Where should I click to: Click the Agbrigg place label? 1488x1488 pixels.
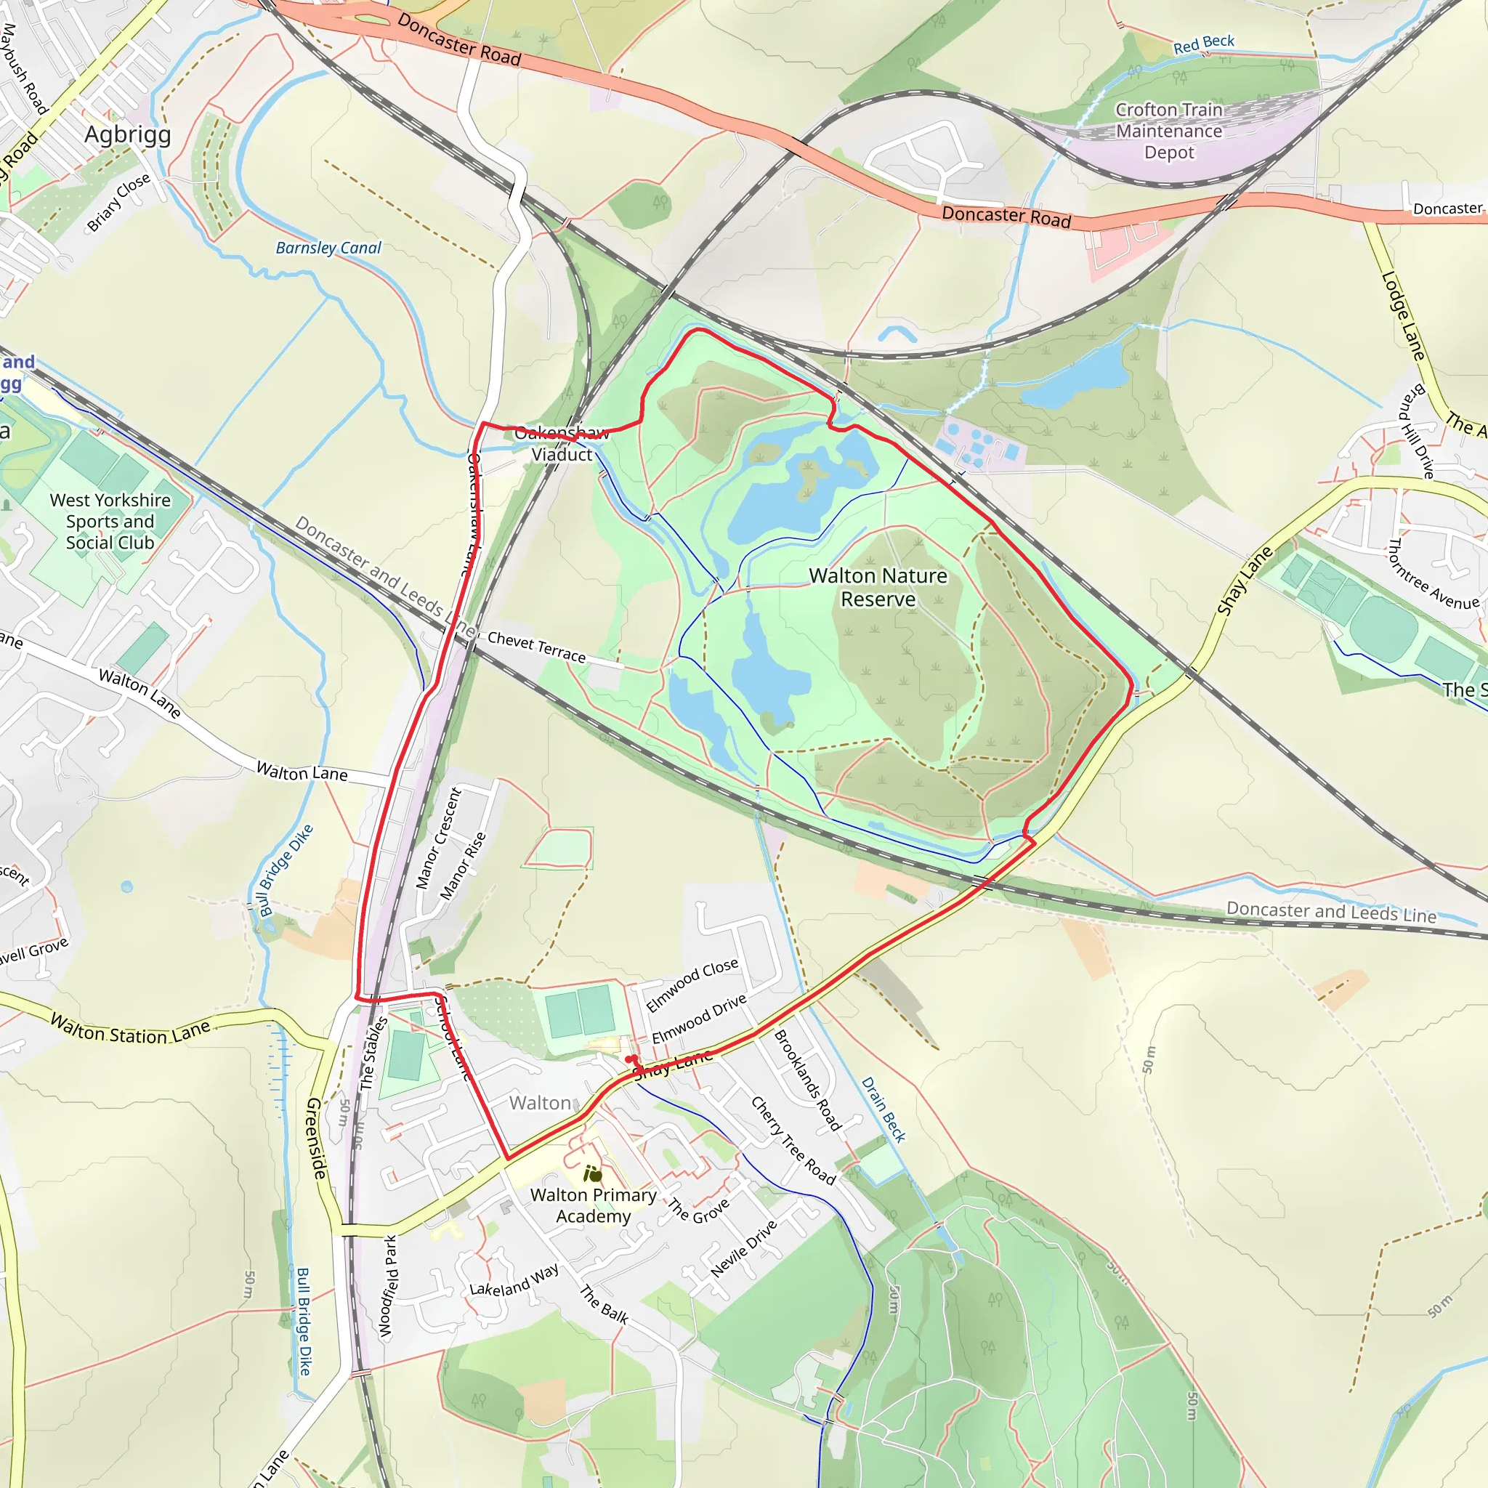click(128, 135)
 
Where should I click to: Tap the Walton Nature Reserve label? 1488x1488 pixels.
click(878, 587)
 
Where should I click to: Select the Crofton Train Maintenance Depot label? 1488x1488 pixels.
click(1168, 131)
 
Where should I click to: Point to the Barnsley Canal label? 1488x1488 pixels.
click(328, 248)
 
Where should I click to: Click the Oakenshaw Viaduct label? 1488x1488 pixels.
click(562, 444)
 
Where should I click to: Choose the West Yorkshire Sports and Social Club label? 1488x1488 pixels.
click(110, 522)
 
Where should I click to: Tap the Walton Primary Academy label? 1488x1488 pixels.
click(593, 1205)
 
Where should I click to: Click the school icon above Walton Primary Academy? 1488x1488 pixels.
click(592, 1174)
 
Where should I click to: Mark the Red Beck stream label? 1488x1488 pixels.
click(1203, 44)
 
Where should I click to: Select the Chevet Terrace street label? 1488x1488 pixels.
click(536, 647)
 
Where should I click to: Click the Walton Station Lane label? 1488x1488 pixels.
click(130, 1030)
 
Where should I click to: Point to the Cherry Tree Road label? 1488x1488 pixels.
click(793, 1141)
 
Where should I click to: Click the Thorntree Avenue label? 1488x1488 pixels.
click(1433, 575)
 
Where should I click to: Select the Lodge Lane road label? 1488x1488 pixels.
click(1402, 316)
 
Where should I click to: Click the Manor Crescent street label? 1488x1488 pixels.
click(438, 838)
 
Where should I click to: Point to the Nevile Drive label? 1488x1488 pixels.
click(743, 1249)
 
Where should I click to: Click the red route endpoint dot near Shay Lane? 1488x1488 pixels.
click(630, 1059)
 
